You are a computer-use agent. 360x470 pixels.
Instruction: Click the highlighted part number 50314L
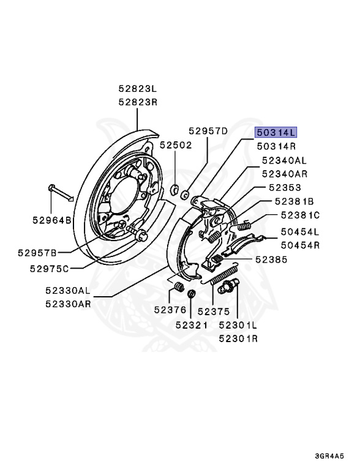pyautogui.click(x=276, y=132)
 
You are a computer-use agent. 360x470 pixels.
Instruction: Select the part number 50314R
pyautogui.click(x=276, y=146)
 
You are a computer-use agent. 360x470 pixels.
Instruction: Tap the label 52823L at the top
pyautogui.click(x=138, y=89)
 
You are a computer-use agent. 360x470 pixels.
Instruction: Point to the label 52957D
pyautogui.click(x=208, y=131)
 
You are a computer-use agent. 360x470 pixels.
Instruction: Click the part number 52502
pyautogui.click(x=176, y=146)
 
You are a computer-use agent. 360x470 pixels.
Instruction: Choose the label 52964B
pyautogui.click(x=52, y=219)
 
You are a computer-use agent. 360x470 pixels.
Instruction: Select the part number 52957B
pyautogui.click(x=37, y=252)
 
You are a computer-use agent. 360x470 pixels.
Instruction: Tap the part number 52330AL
pyautogui.click(x=67, y=292)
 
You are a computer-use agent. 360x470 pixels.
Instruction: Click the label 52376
pyautogui.click(x=170, y=310)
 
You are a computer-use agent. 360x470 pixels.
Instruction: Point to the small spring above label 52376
pyautogui.click(x=178, y=286)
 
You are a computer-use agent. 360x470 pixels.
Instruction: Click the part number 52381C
pyautogui.click(x=301, y=215)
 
